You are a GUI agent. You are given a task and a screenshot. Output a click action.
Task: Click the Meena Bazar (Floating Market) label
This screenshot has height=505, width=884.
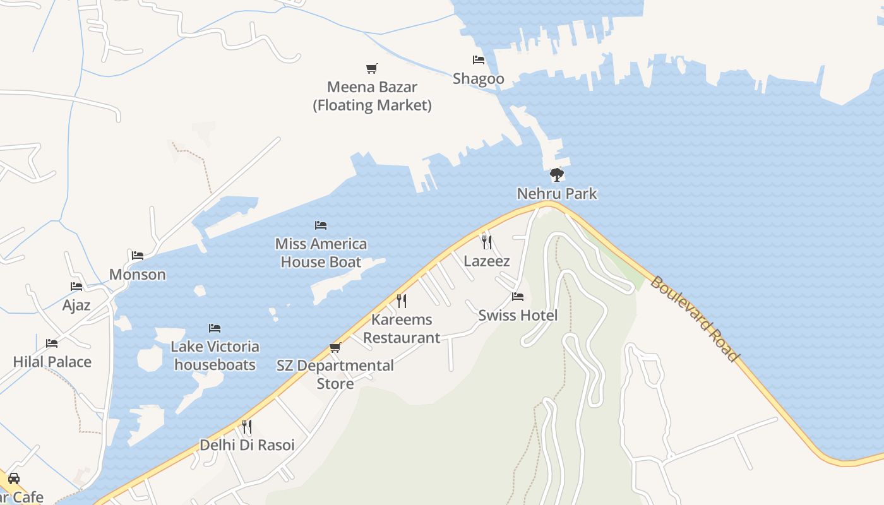(372, 96)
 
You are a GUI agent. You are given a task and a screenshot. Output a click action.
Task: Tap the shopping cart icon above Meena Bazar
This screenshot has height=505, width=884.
(372, 68)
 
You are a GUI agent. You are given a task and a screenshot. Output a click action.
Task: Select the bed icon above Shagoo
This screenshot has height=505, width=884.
(479, 60)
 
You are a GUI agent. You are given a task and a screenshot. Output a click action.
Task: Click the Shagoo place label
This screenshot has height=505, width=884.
(479, 78)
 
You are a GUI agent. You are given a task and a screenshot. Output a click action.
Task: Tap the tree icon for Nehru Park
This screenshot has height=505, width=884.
(556, 174)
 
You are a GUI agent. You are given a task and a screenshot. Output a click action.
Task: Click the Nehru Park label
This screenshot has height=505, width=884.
(556, 193)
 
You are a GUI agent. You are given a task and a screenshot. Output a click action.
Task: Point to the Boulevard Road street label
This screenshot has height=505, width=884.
(694, 319)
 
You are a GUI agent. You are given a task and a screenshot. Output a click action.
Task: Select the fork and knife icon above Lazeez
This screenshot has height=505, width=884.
(486, 242)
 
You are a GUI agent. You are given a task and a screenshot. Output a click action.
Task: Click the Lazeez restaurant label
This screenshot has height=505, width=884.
(486, 261)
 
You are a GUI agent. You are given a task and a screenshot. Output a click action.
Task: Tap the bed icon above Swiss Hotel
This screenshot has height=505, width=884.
(518, 296)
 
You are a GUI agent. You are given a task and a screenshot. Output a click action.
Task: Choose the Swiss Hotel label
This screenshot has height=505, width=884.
(518, 315)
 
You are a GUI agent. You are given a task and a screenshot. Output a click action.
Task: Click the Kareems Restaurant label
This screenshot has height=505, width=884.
(402, 328)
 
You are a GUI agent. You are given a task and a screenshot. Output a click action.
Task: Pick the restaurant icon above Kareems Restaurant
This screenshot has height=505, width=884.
(402, 300)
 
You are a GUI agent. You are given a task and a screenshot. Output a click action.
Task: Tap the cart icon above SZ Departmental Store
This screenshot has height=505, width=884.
(335, 347)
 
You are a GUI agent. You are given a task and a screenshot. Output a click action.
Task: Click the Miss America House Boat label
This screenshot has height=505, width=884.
(321, 252)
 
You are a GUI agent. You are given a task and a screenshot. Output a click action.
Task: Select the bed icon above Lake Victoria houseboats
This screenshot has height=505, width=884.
(215, 328)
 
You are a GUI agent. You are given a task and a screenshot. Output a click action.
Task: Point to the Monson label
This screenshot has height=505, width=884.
(138, 275)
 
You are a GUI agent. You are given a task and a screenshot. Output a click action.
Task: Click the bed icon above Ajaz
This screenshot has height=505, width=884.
(76, 287)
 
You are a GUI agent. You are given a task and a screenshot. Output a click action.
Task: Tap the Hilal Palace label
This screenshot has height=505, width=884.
(52, 362)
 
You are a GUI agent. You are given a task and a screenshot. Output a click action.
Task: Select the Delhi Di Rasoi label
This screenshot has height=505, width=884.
(247, 445)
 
